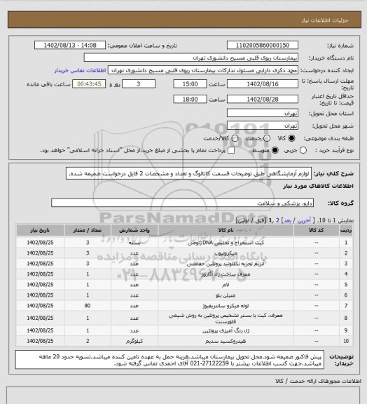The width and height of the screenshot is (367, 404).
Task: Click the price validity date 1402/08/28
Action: [263, 99]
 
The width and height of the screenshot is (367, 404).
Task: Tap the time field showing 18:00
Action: [190, 99]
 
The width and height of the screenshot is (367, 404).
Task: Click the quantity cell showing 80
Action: [87, 306]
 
